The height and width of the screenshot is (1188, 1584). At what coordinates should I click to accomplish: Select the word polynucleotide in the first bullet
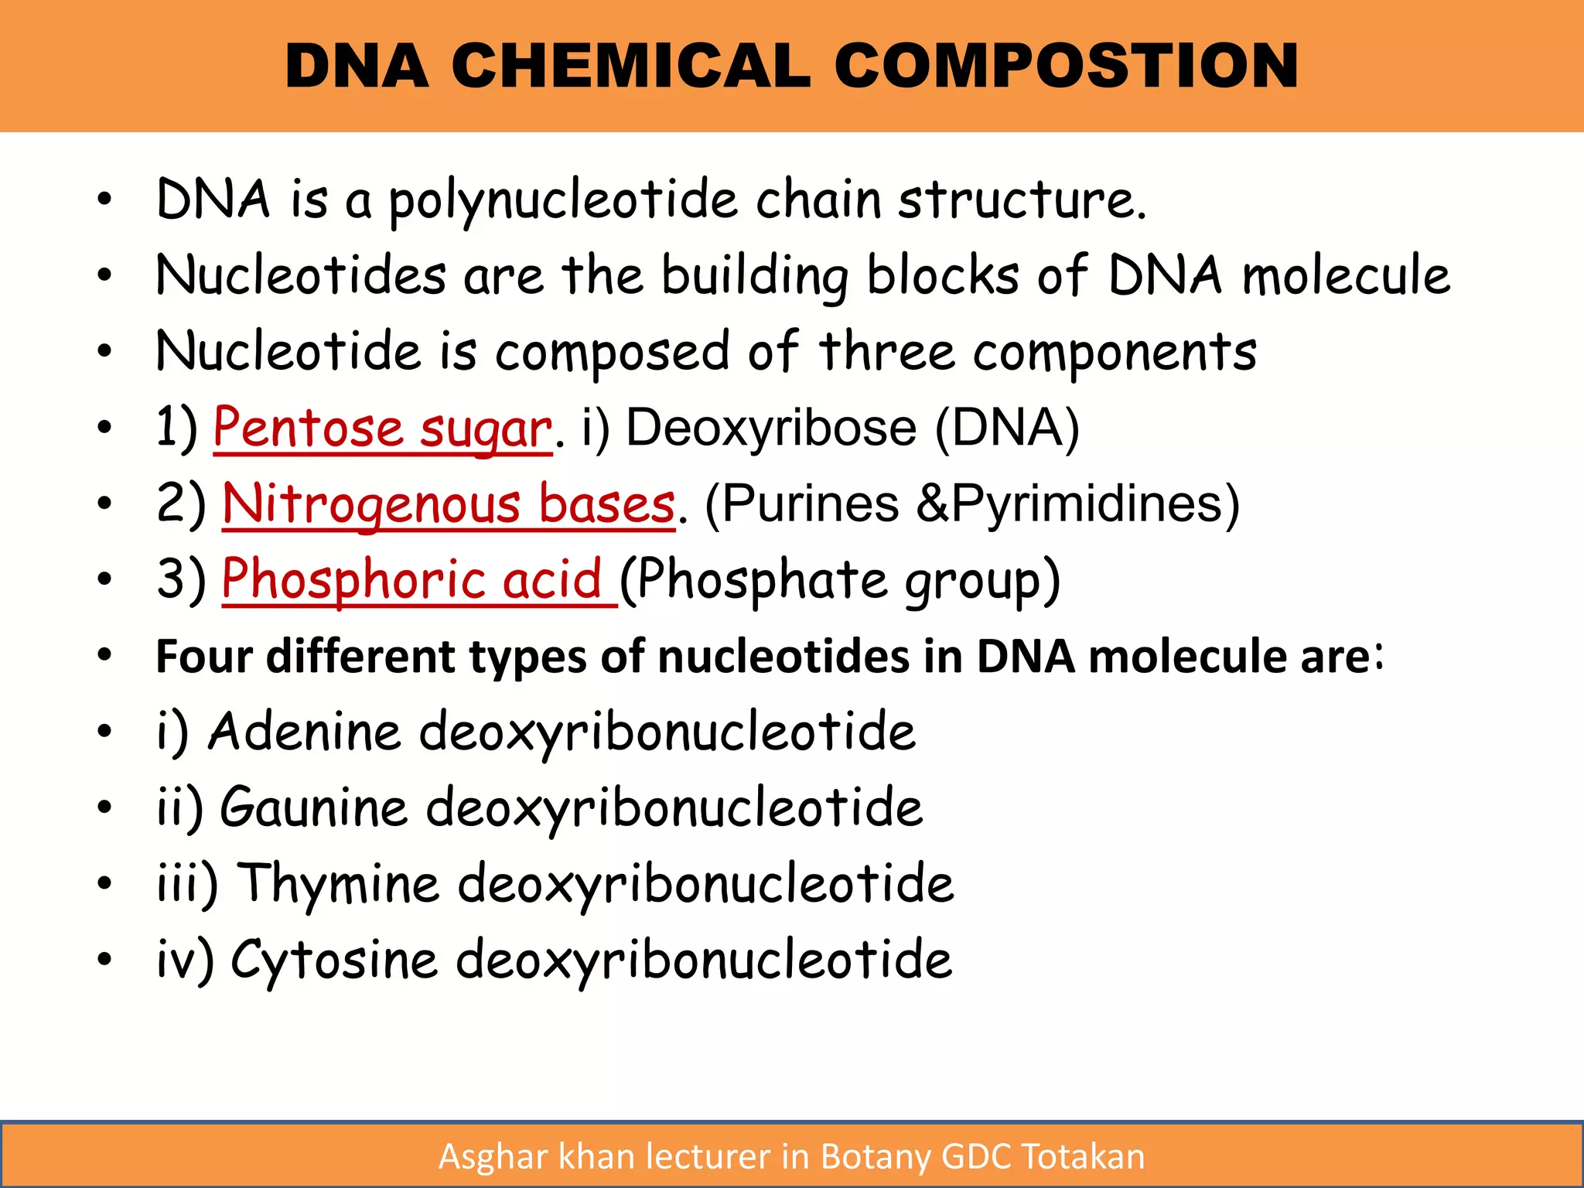coord(562,200)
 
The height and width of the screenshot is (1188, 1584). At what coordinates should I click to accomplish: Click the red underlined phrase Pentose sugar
coord(383,428)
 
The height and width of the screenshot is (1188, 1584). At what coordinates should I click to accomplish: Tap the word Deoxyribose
coord(770,428)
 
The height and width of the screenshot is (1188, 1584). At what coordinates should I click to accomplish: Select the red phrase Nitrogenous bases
coord(449,504)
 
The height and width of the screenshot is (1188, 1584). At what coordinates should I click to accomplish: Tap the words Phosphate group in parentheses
coord(840,579)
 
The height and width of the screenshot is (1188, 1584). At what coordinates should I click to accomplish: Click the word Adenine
coord(305,731)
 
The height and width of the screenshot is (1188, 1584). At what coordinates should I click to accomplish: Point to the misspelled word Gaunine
coord(313,807)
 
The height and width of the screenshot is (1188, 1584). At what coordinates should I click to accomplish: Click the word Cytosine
coord(334,959)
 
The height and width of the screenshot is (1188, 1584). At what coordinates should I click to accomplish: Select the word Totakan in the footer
coord(1083,1157)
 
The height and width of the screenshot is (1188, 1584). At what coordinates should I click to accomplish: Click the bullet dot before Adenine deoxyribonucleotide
coord(105,731)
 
